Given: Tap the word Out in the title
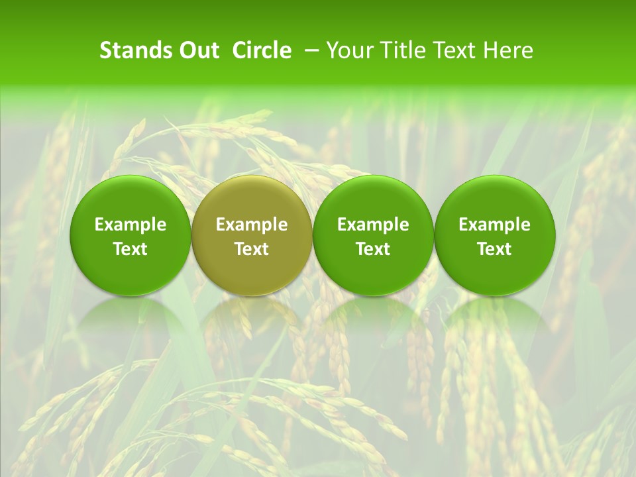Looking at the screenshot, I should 197,50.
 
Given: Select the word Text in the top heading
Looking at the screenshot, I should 456,50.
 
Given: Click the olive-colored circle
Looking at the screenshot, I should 252,235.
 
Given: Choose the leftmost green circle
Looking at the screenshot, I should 130,235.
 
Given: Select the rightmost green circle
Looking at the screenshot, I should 494,235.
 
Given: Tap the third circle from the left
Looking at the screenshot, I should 373,235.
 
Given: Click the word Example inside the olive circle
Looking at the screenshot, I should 252,225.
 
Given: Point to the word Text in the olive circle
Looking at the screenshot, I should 252,249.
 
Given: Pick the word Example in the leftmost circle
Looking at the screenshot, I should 131,225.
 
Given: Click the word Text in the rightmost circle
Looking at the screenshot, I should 494,249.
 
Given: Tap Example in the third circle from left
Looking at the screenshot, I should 373,225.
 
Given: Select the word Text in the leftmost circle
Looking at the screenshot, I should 131,249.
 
